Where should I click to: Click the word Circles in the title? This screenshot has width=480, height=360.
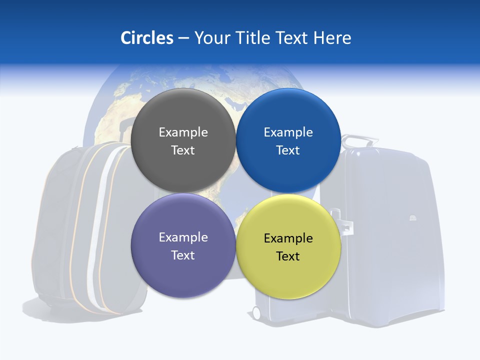pos(147,38)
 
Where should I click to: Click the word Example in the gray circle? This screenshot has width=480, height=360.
pos(183,132)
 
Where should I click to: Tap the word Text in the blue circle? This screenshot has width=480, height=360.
pos(288,150)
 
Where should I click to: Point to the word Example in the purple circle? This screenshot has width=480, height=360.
pos(183,237)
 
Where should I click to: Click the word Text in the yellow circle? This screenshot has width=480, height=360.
pos(288,256)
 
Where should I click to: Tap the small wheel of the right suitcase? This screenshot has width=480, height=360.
pos(257,313)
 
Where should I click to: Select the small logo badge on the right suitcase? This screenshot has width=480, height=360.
pos(412,218)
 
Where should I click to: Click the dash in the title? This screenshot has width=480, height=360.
pos(183,38)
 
